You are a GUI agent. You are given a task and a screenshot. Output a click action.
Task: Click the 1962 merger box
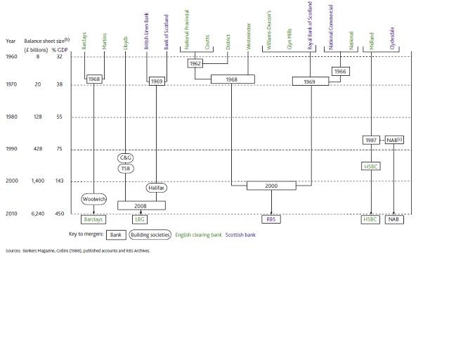click(196, 63)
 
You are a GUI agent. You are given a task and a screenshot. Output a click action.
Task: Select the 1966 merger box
click(340, 72)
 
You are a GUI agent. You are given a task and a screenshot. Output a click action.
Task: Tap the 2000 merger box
click(271, 186)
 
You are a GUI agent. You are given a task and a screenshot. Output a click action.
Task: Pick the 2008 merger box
click(141, 205)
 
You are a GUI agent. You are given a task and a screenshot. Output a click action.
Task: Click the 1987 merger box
click(370, 140)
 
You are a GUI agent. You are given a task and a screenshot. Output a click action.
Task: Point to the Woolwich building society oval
click(93, 199)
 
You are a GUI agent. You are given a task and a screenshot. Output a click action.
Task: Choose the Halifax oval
click(156, 188)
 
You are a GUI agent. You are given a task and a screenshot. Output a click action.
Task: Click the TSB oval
click(126, 168)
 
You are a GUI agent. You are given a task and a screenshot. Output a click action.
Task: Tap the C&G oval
click(126, 158)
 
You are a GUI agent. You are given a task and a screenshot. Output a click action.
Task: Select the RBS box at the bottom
click(271, 219)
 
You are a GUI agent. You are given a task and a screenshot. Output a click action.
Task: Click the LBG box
click(141, 219)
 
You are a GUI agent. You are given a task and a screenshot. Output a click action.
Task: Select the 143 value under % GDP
click(59, 181)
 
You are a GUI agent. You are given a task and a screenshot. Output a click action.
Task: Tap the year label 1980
click(11, 117)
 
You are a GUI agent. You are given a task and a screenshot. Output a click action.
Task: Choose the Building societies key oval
click(149, 235)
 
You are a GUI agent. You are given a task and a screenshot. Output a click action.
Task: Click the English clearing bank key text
click(198, 235)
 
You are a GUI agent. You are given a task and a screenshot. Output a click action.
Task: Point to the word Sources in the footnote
click(13, 250)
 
